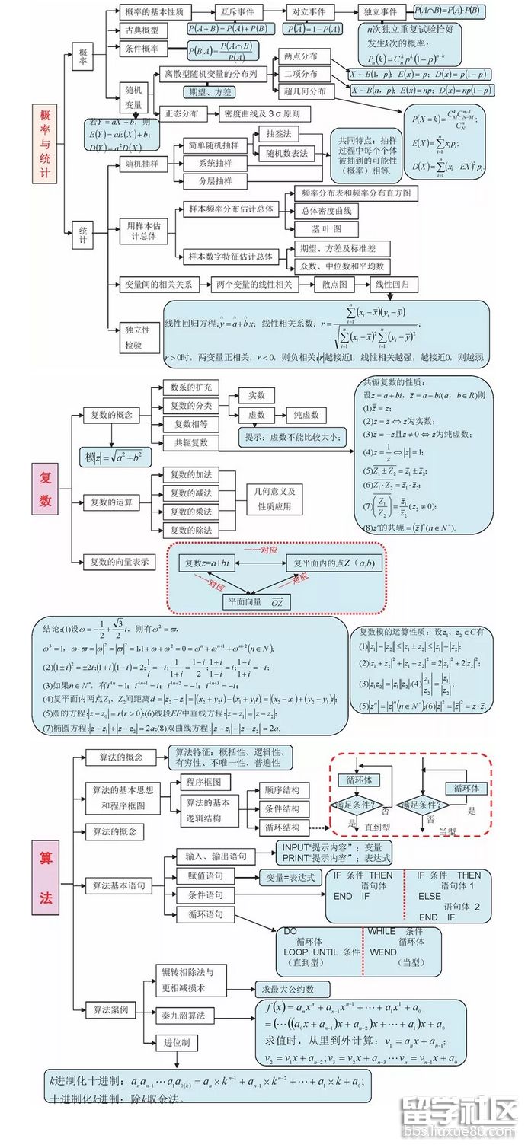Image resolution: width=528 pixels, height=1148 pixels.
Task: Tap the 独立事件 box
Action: point(381,12)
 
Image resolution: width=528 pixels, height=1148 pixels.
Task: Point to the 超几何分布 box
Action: point(304,91)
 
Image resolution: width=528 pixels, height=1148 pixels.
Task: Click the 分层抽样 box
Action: point(216,181)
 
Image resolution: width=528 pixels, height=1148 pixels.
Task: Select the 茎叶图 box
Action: point(326,228)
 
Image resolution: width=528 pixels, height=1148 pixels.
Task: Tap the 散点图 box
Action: point(334,285)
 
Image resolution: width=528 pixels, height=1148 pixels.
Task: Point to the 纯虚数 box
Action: point(306,416)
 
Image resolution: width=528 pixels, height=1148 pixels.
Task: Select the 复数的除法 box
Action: point(191,530)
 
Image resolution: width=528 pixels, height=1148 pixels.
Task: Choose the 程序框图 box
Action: point(203,782)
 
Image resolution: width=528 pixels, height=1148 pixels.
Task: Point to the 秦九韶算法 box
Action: point(184,1016)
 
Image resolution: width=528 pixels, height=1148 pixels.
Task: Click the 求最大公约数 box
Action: point(293,990)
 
